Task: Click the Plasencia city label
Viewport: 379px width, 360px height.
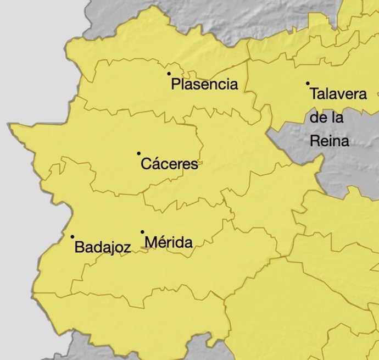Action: click(x=204, y=84)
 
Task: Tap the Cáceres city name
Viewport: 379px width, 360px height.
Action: click(x=169, y=164)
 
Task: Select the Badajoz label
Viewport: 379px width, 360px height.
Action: click(x=102, y=247)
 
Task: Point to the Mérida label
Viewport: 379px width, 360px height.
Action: click(x=169, y=242)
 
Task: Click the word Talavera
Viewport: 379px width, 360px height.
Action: click(x=338, y=93)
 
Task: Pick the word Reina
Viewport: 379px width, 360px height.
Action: click(x=330, y=141)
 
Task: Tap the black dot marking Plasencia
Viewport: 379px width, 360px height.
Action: click(x=169, y=74)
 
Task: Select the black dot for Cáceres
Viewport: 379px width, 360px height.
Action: click(x=139, y=153)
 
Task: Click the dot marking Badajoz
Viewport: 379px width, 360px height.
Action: click(x=73, y=237)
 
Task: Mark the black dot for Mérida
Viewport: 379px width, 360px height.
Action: click(x=142, y=232)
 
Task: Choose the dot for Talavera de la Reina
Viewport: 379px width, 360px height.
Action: click(x=308, y=84)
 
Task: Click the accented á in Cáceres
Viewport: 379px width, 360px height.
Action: click(x=155, y=164)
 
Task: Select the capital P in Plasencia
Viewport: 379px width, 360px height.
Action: click(x=176, y=84)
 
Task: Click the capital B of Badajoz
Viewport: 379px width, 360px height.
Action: click(x=79, y=247)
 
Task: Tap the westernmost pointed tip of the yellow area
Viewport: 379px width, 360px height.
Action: click(x=10, y=125)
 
